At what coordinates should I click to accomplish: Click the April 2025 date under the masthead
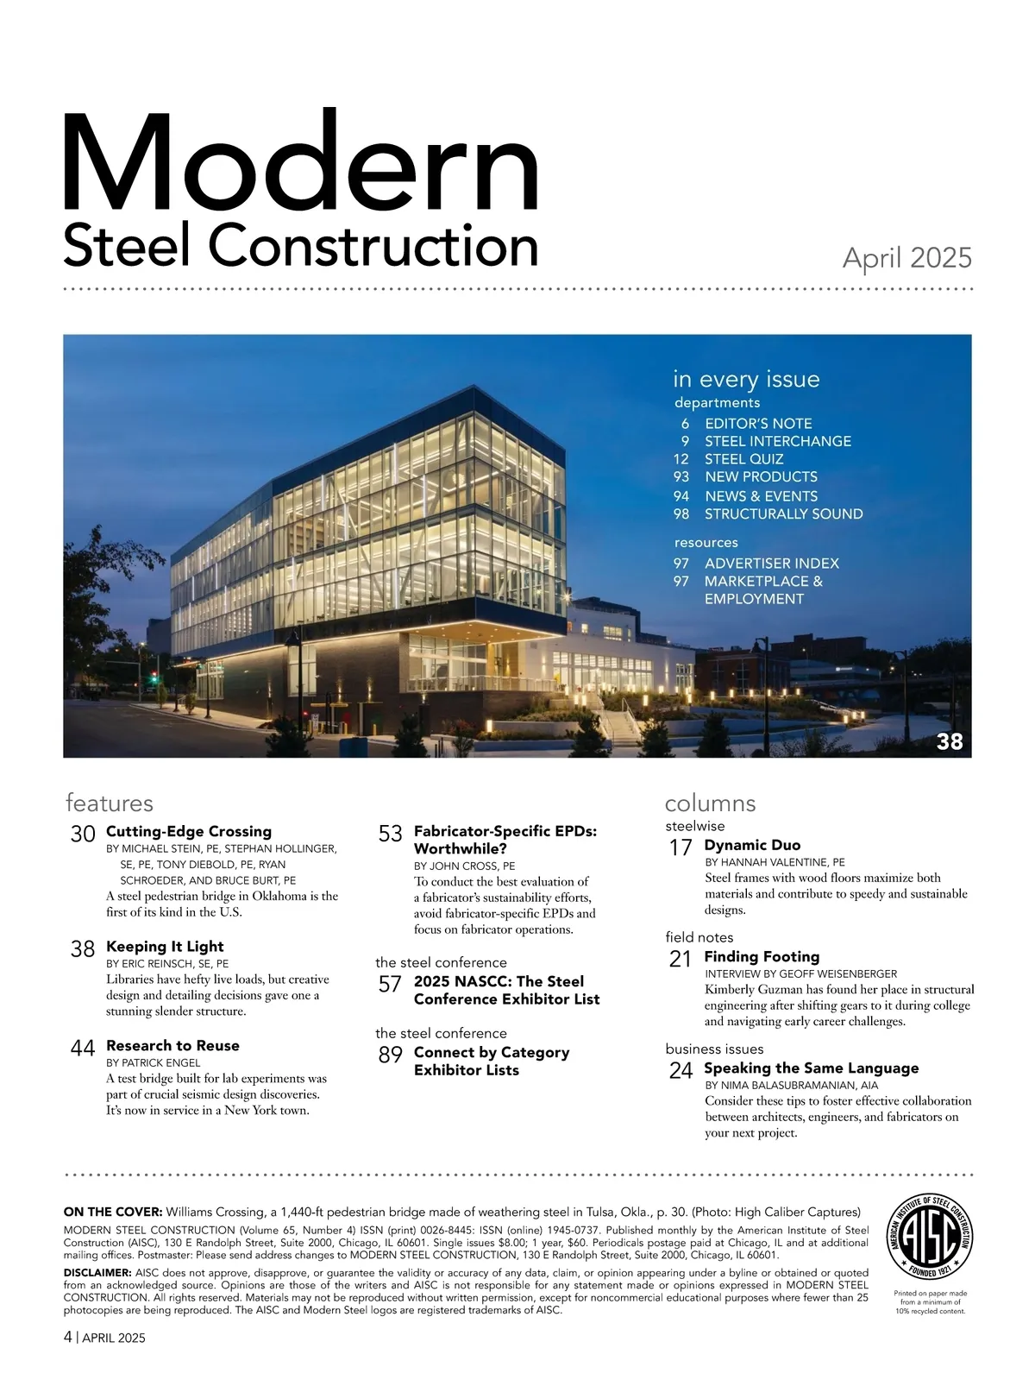(x=906, y=258)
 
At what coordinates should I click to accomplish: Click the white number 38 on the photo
(x=949, y=741)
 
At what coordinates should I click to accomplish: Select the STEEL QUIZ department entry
(x=743, y=459)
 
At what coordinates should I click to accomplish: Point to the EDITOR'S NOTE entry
(x=758, y=424)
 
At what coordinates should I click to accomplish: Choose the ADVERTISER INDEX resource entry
(x=771, y=564)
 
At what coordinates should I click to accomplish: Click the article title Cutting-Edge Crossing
(x=188, y=832)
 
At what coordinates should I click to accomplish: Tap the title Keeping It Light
(x=165, y=947)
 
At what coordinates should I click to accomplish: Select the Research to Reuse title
(x=172, y=1046)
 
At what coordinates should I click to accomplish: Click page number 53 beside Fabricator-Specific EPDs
(x=391, y=834)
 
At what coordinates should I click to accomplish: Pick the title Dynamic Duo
(x=752, y=846)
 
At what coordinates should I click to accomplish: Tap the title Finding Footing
(x=762, y=957)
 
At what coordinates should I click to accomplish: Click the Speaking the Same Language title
(x=811, y=1068)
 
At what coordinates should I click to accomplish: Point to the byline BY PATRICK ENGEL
(x=153, y=1063)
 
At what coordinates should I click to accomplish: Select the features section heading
(x=109, y=803)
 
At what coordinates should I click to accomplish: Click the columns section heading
(x=710, y=803)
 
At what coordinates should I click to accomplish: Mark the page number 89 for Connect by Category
(x=391, y=1055)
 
